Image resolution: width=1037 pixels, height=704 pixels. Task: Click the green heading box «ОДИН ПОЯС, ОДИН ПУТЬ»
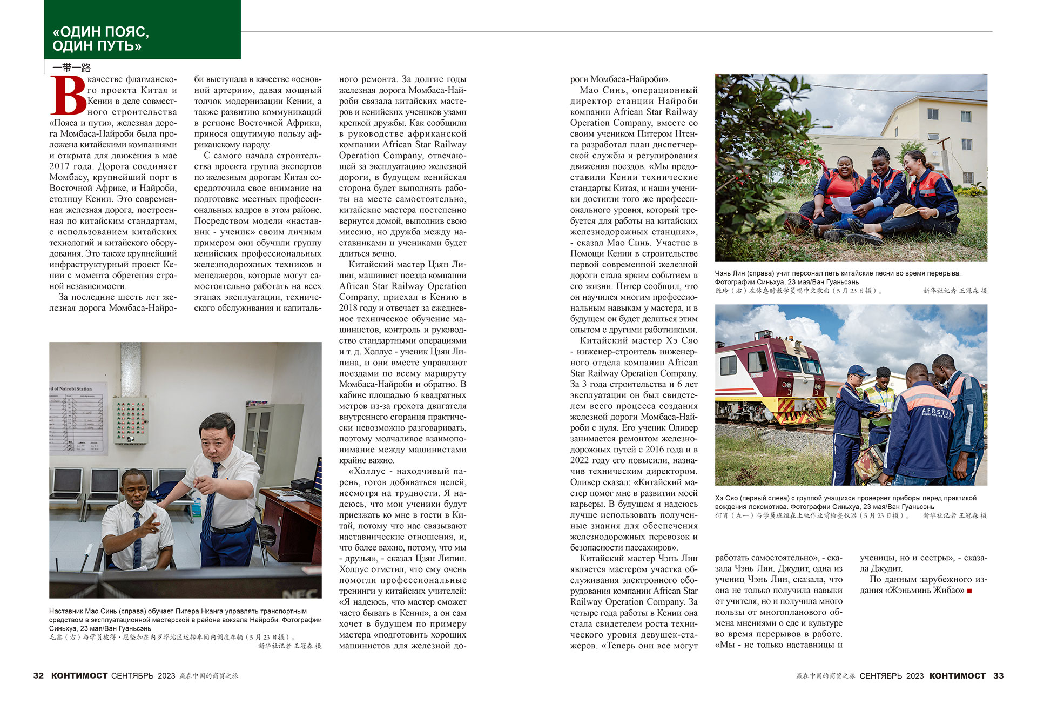pos(142,30)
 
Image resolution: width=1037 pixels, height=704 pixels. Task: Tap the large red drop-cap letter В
pos(69,96)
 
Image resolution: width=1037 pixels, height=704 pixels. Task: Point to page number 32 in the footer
pos(38,675)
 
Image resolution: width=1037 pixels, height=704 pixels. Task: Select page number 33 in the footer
pos(998,675)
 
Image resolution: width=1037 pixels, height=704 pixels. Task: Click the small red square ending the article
pos(969,591)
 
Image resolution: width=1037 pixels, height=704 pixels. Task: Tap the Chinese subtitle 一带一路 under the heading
pos(72,68)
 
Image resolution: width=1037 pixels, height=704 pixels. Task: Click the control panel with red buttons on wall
pos(130,420)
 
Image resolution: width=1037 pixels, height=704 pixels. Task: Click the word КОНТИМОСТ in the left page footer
pos(79,675)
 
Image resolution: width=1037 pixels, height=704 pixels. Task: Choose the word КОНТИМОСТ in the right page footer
pos(957,675)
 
